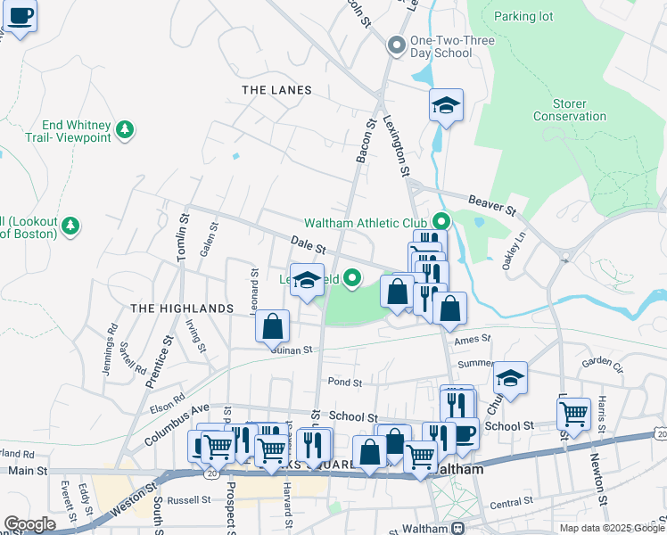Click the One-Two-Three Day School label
coord(441,46)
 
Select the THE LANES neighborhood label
coord(277,90)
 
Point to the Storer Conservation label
coord(569,111)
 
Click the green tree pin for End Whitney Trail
coord(126,130)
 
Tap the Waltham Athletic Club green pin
coord(440,222)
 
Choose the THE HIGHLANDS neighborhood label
coord(182,308)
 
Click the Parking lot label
coord(523,16)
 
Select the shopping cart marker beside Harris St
coord(573,413)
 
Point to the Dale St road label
coord(309,243)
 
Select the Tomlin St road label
coord(183,237)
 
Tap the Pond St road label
coord(344,382)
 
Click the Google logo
coord(29,524)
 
